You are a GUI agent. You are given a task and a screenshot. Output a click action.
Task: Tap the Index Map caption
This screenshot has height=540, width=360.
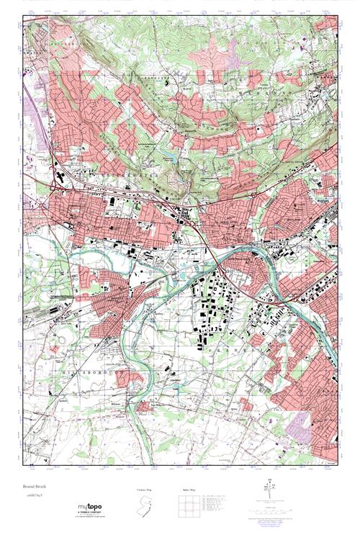pos(186,490)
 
